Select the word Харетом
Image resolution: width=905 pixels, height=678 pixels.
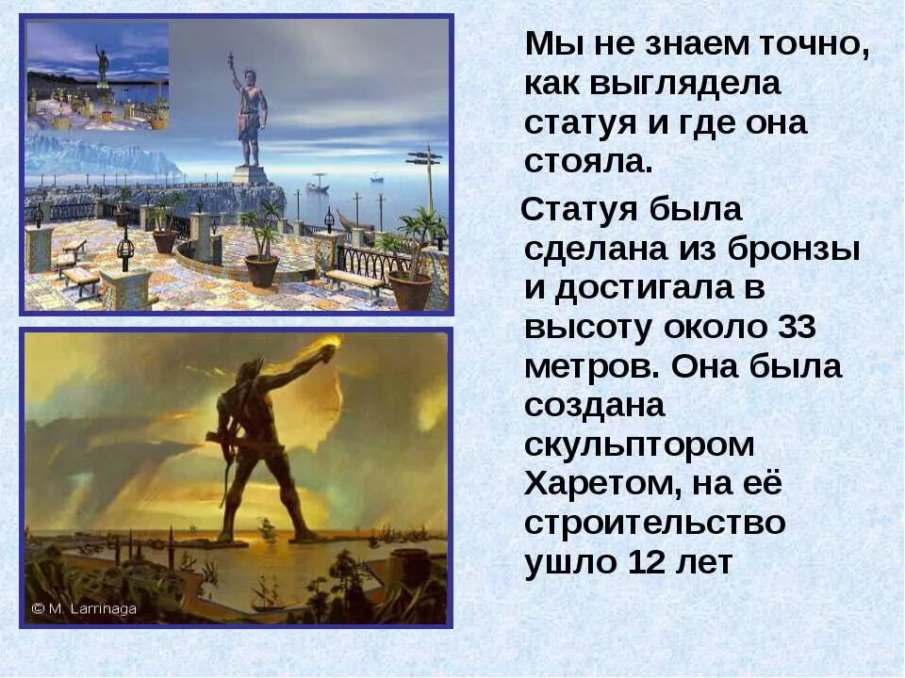pyautogui.click(x=603, y=484)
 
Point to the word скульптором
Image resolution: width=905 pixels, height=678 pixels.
pyautogui.click(x=640, y=444)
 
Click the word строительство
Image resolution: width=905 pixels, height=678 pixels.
pyautogui.click(x=655, y=523)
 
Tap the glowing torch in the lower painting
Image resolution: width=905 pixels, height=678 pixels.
pyautogui.click(x=332, y=350)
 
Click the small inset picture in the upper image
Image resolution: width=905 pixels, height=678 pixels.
pyautogui.click(x=98, y=76)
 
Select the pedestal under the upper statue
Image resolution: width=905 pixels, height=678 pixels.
pyautogui.click(x=251, y=176)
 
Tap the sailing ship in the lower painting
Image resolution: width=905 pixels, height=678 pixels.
pyautogui.click(x=265, y=592)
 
